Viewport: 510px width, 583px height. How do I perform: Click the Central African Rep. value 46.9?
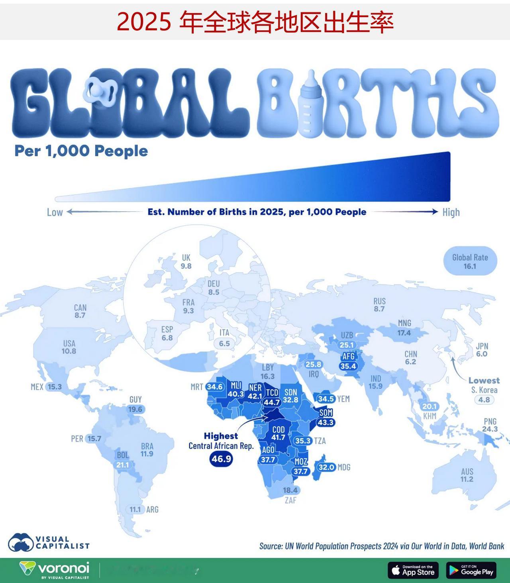tap(221, 459)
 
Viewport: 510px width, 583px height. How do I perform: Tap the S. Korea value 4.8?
tap(484, 400)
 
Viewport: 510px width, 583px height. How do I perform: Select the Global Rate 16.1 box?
tap(470, 261)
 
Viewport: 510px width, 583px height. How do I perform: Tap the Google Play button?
tap(471, 571)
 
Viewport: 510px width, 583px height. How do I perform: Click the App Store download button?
tap(413, 571)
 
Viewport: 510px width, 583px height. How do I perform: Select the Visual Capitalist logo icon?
tap(21, 542)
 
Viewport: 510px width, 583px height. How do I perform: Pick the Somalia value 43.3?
tap(326, 422)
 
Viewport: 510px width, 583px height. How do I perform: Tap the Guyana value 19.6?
tap(135, 409)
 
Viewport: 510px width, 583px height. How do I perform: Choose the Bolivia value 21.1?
tap(122, 465)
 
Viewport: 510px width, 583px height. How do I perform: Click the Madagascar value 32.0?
tap(326, 467)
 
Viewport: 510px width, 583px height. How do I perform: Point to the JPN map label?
tap(481, 346)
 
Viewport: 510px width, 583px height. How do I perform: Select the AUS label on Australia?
tap(467, 471)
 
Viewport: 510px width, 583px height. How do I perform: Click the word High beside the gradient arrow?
tap(451, 212)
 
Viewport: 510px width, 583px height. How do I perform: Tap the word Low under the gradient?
tap(55, 212)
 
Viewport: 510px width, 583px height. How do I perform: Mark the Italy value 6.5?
tap(224, 343)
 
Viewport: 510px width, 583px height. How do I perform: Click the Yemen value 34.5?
tap(326, 398)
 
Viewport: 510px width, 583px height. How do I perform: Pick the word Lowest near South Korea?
tap(484, 380)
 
